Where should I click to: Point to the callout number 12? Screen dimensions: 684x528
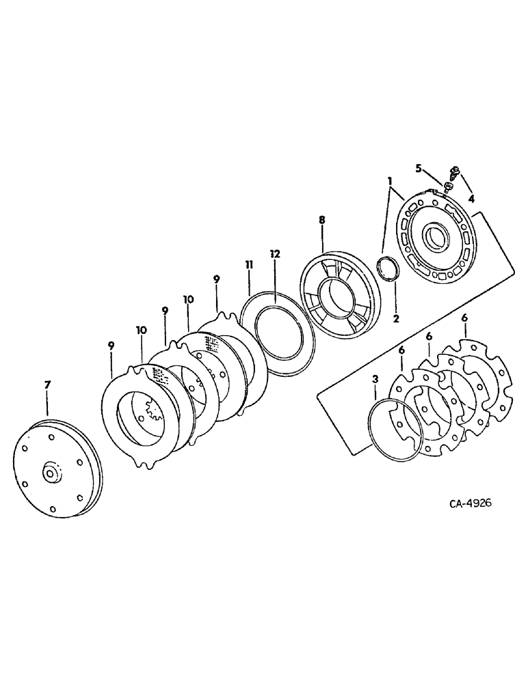tap(275, 254)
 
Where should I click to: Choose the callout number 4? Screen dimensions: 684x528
tap(471, 199)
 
